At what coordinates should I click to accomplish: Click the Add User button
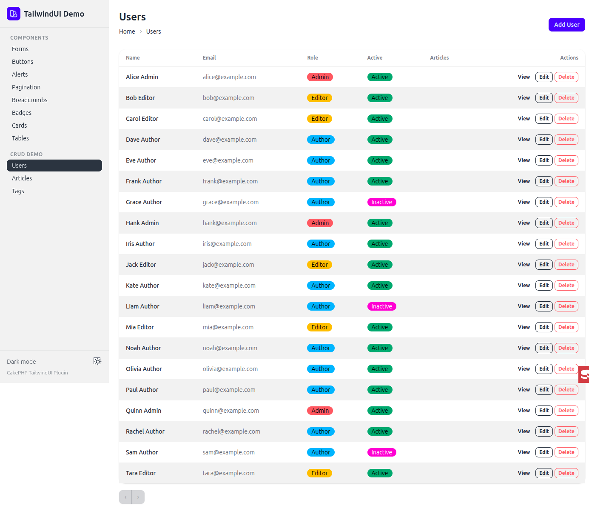566,25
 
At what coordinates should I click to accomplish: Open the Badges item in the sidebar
22,113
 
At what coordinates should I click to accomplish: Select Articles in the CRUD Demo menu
22,178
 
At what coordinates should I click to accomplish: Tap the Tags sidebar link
18,191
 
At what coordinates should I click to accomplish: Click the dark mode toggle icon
97,361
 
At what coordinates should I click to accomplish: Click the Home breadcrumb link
127,31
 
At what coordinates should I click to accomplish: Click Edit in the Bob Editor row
544,97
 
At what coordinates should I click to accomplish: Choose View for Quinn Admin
524,410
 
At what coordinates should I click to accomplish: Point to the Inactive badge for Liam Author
381,306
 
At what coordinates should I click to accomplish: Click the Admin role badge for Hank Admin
320,223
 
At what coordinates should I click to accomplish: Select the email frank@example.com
230,181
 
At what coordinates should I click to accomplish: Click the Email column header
209,57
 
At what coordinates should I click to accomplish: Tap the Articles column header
439,57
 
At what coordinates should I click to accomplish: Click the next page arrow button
138,497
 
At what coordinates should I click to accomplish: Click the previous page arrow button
125,497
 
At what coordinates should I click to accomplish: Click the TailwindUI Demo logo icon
14,14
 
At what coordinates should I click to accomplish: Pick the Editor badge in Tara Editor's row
319,473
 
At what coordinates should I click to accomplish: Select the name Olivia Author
144,368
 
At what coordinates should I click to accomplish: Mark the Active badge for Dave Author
380,140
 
